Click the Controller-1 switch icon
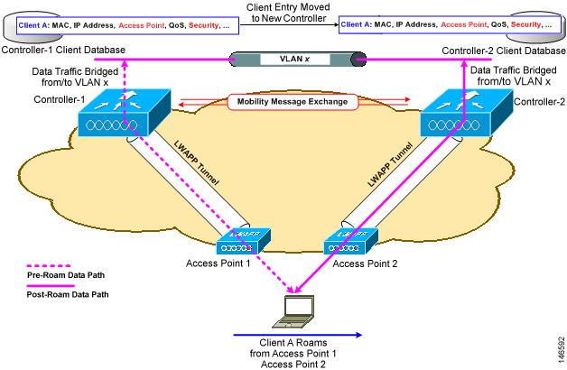(x=124, y=113)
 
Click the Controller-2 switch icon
(x=466, y=113)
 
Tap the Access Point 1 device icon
(x=244, y=241)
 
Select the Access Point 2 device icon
(x=350, y=241)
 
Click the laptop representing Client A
(x=293, y=312)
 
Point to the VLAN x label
(x=294, y=59)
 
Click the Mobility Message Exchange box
(x=293, y=102)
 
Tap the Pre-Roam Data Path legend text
(x=66, y=275)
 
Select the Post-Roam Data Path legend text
(x=68, y=294)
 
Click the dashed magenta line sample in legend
(x=49, y=266)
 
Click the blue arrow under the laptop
(x=298, y=335)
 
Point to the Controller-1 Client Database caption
(x=63, y=50)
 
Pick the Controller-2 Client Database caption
(x=504, y=51)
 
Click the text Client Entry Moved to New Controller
(x=288, y=13)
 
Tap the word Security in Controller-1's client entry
(x=203, y=25)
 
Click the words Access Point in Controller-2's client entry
(x=463, y=24)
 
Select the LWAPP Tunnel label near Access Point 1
(x=196, y=162)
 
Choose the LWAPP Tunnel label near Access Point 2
(x=390, y=164)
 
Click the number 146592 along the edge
(x=561, y=350)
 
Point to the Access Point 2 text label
(x=365, y=264)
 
